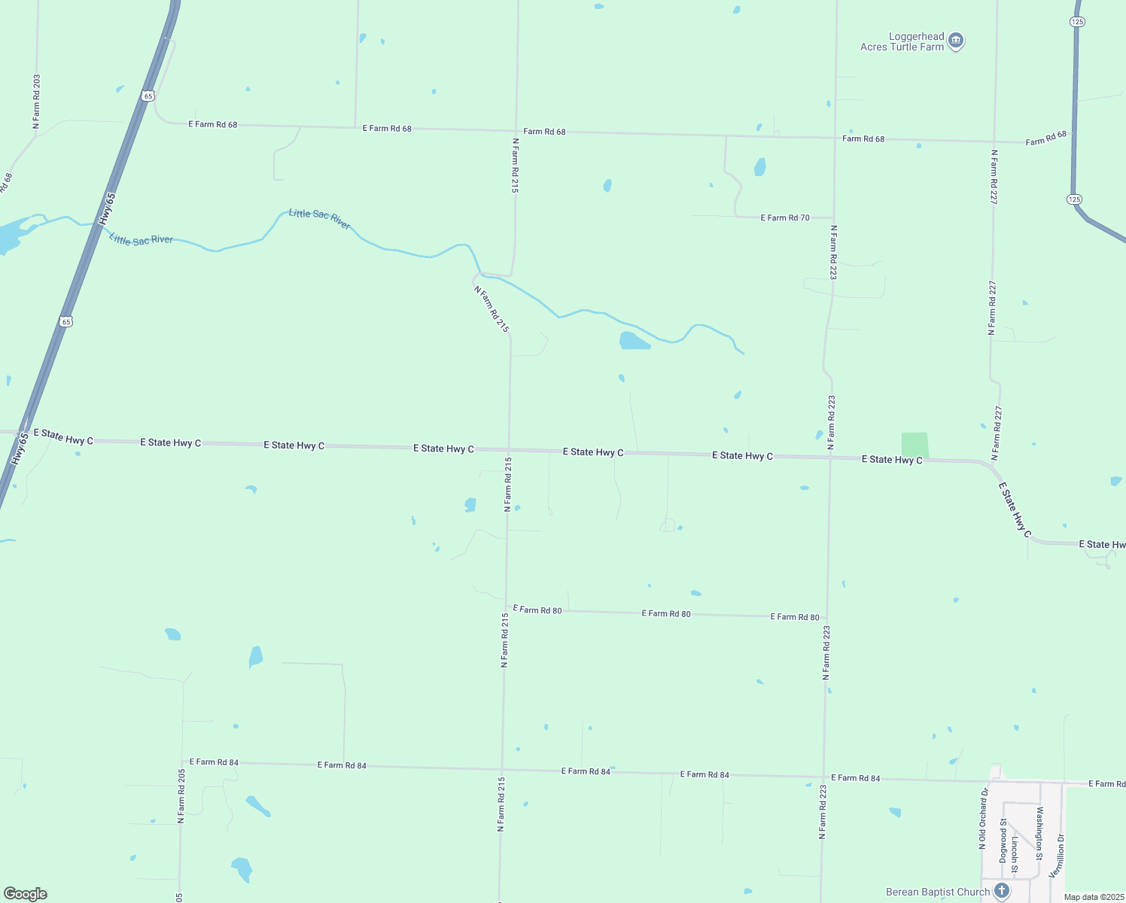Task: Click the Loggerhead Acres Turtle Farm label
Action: pyautogui.click(x=902, y=41)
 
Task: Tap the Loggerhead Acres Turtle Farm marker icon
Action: pyautogui.click(x=956, y=41)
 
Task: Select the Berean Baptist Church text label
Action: pyautogui.click(x=938, y=892)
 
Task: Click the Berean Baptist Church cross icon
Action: pyautogui.click(x=1002, y=891)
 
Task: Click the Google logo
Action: pyautogui.click(x=26, y=894)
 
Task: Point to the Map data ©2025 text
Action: pyautogui.click(x=1094, y=897)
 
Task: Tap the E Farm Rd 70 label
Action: pyautogui.click(x=785, y=217)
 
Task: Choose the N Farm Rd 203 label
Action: pyautogui.click(x=36, y=102)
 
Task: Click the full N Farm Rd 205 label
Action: pyautogui.click(x=181, y=795)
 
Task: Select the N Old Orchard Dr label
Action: pyautogui.click(x=983, y=819)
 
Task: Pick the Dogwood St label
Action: pyautogui.click(x=1003, y=841)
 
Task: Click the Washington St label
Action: pyautogui.click(x=1039, y=833)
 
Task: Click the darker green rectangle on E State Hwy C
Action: pyautogui.click(x=915, y=445)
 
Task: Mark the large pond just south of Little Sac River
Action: pyautogui.click(x=634, y=341)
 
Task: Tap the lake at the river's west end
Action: pyautogui.click(x=9, y=236)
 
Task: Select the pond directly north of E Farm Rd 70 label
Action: pyautogui.click(x=760, y=167)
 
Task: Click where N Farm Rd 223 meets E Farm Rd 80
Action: pyautogui.click(x=827, y=617)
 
